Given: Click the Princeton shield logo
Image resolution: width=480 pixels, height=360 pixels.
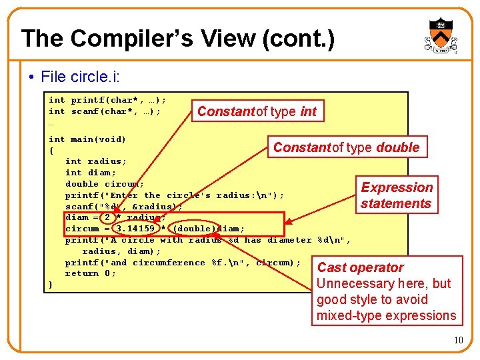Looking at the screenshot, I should coord(440,37).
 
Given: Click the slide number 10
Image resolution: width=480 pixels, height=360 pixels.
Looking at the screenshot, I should coord(458,341).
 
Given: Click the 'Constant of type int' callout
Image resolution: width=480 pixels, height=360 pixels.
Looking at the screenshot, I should coord(257,111).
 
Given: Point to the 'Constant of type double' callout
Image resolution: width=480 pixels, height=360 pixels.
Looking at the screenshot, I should coord(346,147).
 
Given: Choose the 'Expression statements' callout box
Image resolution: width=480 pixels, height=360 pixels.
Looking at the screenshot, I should coord(397,195).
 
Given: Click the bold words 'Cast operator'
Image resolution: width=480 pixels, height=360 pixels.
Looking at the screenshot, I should coord(360,267).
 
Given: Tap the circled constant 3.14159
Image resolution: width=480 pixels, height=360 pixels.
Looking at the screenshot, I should coord(135,229).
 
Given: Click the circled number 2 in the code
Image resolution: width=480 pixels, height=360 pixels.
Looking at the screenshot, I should coord(107,217).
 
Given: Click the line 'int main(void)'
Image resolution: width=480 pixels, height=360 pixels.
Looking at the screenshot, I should coord(87,139).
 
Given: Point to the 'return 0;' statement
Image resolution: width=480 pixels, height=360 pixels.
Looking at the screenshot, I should coord(91,273).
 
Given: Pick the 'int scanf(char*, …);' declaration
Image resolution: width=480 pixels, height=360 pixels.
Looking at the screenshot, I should coord(105,111).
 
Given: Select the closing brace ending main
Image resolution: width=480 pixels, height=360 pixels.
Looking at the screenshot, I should coord(51,285).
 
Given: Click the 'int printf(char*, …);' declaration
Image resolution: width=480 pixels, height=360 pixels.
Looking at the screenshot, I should coord(107,100).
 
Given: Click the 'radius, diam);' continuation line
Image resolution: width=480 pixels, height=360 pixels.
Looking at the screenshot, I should coord(121,251).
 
